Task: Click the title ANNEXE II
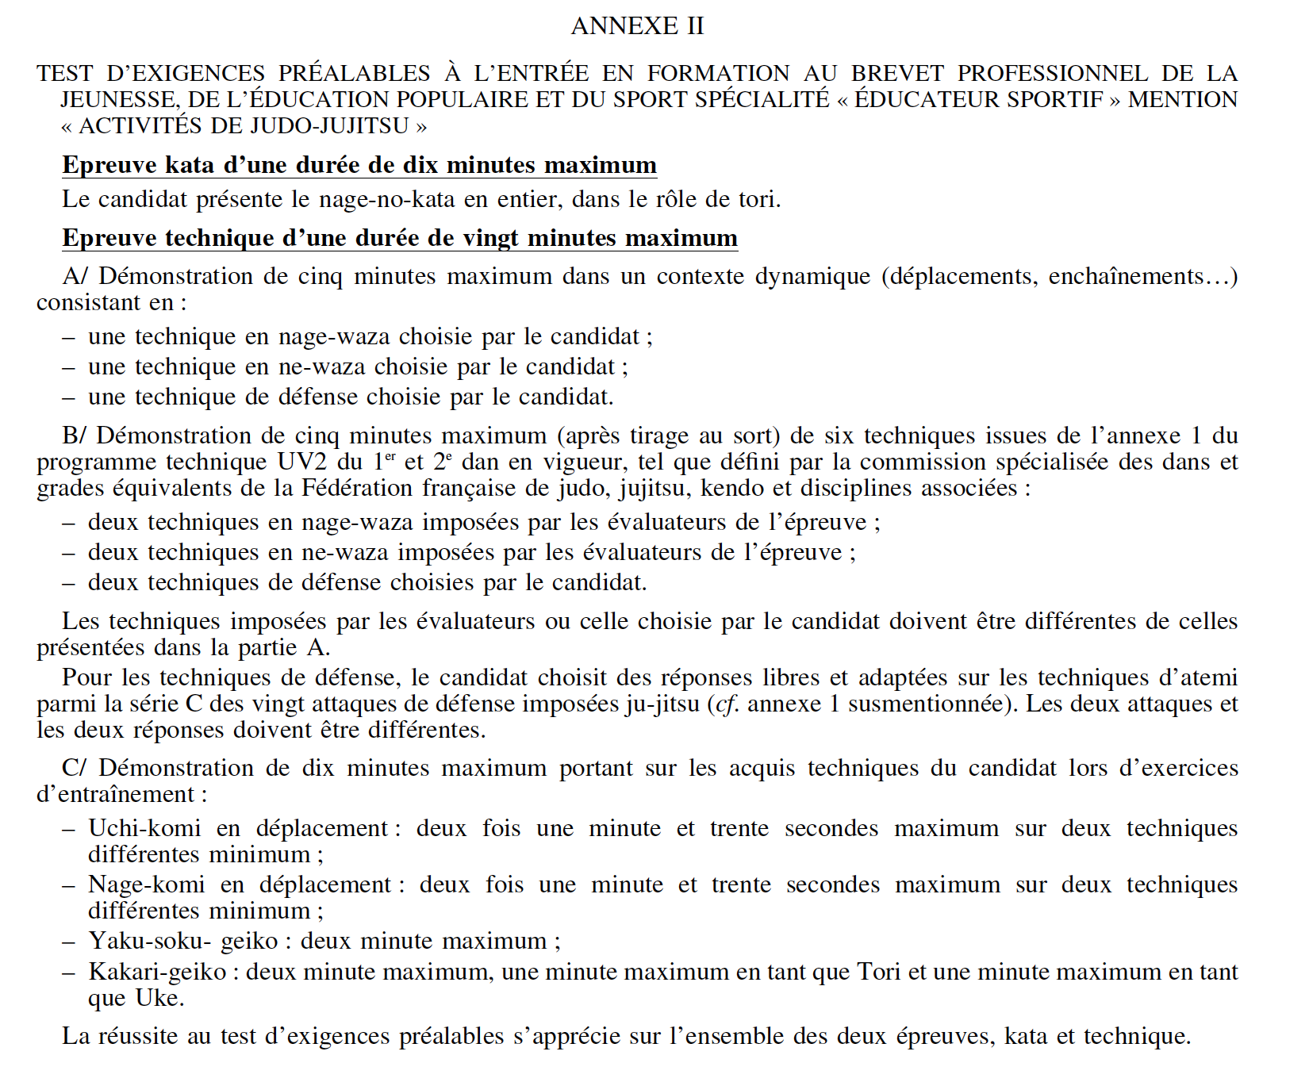click(x=637, y=26)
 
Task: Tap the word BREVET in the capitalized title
click(x=897, y=74)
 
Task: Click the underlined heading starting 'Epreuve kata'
click(x=359, y=165)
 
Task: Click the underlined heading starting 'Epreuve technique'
click(x=400, y=238)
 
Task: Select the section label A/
click(x=75, y=276)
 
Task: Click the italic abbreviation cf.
click(x=726, y=704)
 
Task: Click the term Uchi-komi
click(x=144, y=828)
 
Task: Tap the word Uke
click(x=159, y=998)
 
